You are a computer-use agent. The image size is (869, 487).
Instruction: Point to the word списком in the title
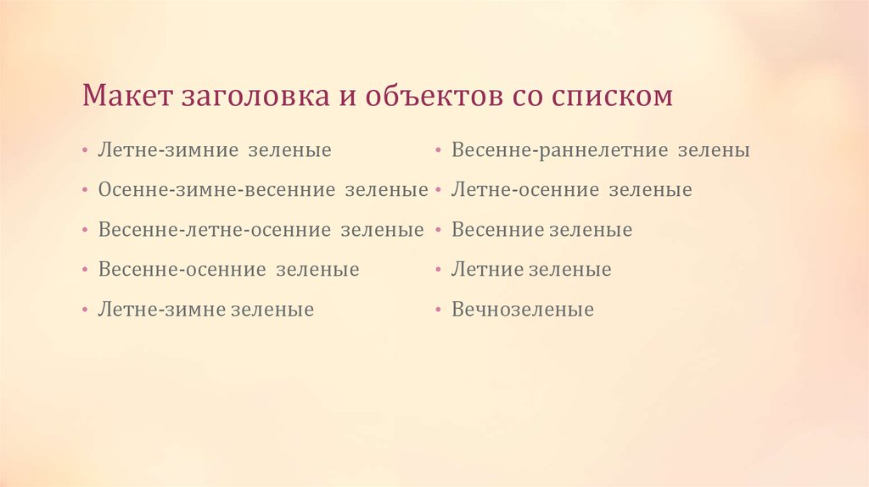(x=613, y=95)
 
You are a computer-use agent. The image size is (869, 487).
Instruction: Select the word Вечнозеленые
(x=522, y=310)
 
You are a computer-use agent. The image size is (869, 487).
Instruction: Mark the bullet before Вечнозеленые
(x=438, y=311)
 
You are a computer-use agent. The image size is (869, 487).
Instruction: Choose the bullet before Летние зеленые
(x=438, y=271)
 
